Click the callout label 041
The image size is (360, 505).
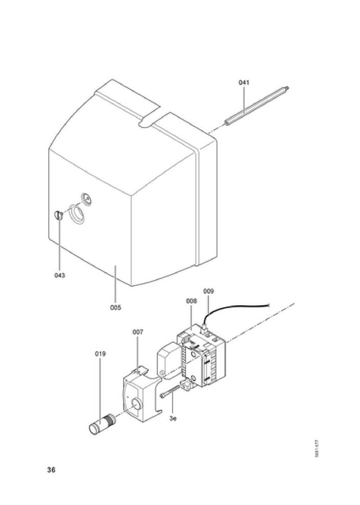pyautogui.click(x=245, y=82)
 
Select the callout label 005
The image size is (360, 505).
pyautogui.click(x=116, y=307)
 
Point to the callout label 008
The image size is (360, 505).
pyautogui.click(x=191, y=301)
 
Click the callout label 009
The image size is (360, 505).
pyautogui.click(x=208, y=291)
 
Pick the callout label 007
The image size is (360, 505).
pyautogui.click(x=138, y=332)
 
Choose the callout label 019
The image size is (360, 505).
pyautogui.click(x=100, y=353)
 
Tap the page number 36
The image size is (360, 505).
pyautogui.click(x=51, y=470)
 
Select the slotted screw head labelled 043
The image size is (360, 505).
pyautogui.click(x=58, y=215)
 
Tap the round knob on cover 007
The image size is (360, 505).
pyautogui.click(x=136, y=404)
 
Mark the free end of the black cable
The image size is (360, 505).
pyautogui.click(x=269, y=306)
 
